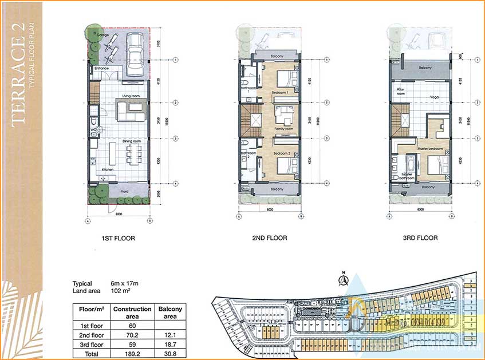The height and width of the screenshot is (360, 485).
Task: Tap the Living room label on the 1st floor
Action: pyautogui.click(x=132, y=96)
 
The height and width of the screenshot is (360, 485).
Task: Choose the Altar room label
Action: pyautogui.click(x=401, y=91)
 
